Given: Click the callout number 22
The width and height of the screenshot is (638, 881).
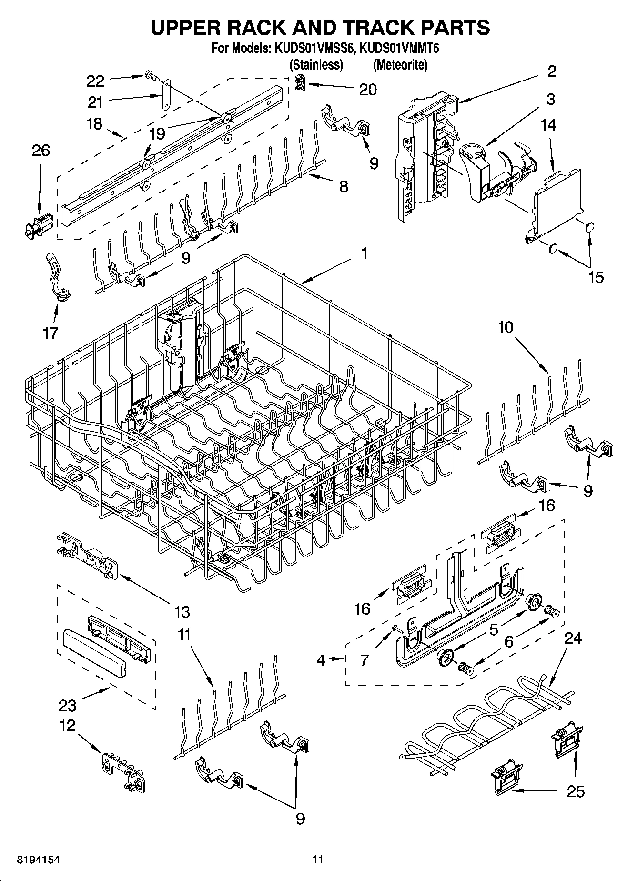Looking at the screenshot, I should coord(95,81).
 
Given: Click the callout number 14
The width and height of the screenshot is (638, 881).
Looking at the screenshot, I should coord(548,125).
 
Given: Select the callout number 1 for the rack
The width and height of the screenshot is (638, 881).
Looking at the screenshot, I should coord(364,253).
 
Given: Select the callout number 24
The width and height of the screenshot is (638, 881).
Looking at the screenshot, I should coord(573,638).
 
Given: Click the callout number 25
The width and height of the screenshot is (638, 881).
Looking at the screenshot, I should coord(576,791).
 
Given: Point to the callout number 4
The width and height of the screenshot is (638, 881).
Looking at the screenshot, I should coord(321,660).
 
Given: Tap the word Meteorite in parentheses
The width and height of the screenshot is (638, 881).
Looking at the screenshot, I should coord(400,64).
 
